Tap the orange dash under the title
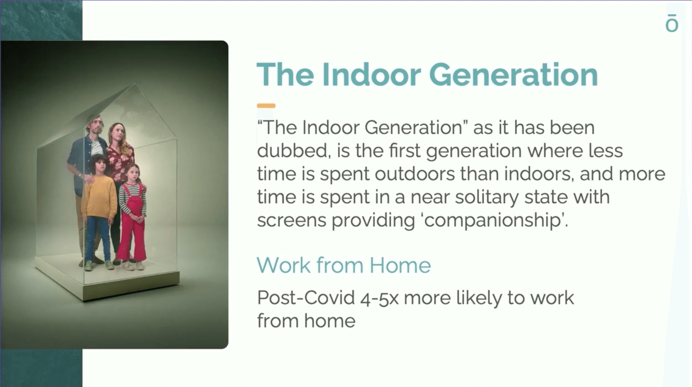coord(266,106)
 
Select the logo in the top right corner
coord(672,23)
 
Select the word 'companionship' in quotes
coord(495,221)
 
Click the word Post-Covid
coord(306,298)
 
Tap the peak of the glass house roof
coord(135,84)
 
